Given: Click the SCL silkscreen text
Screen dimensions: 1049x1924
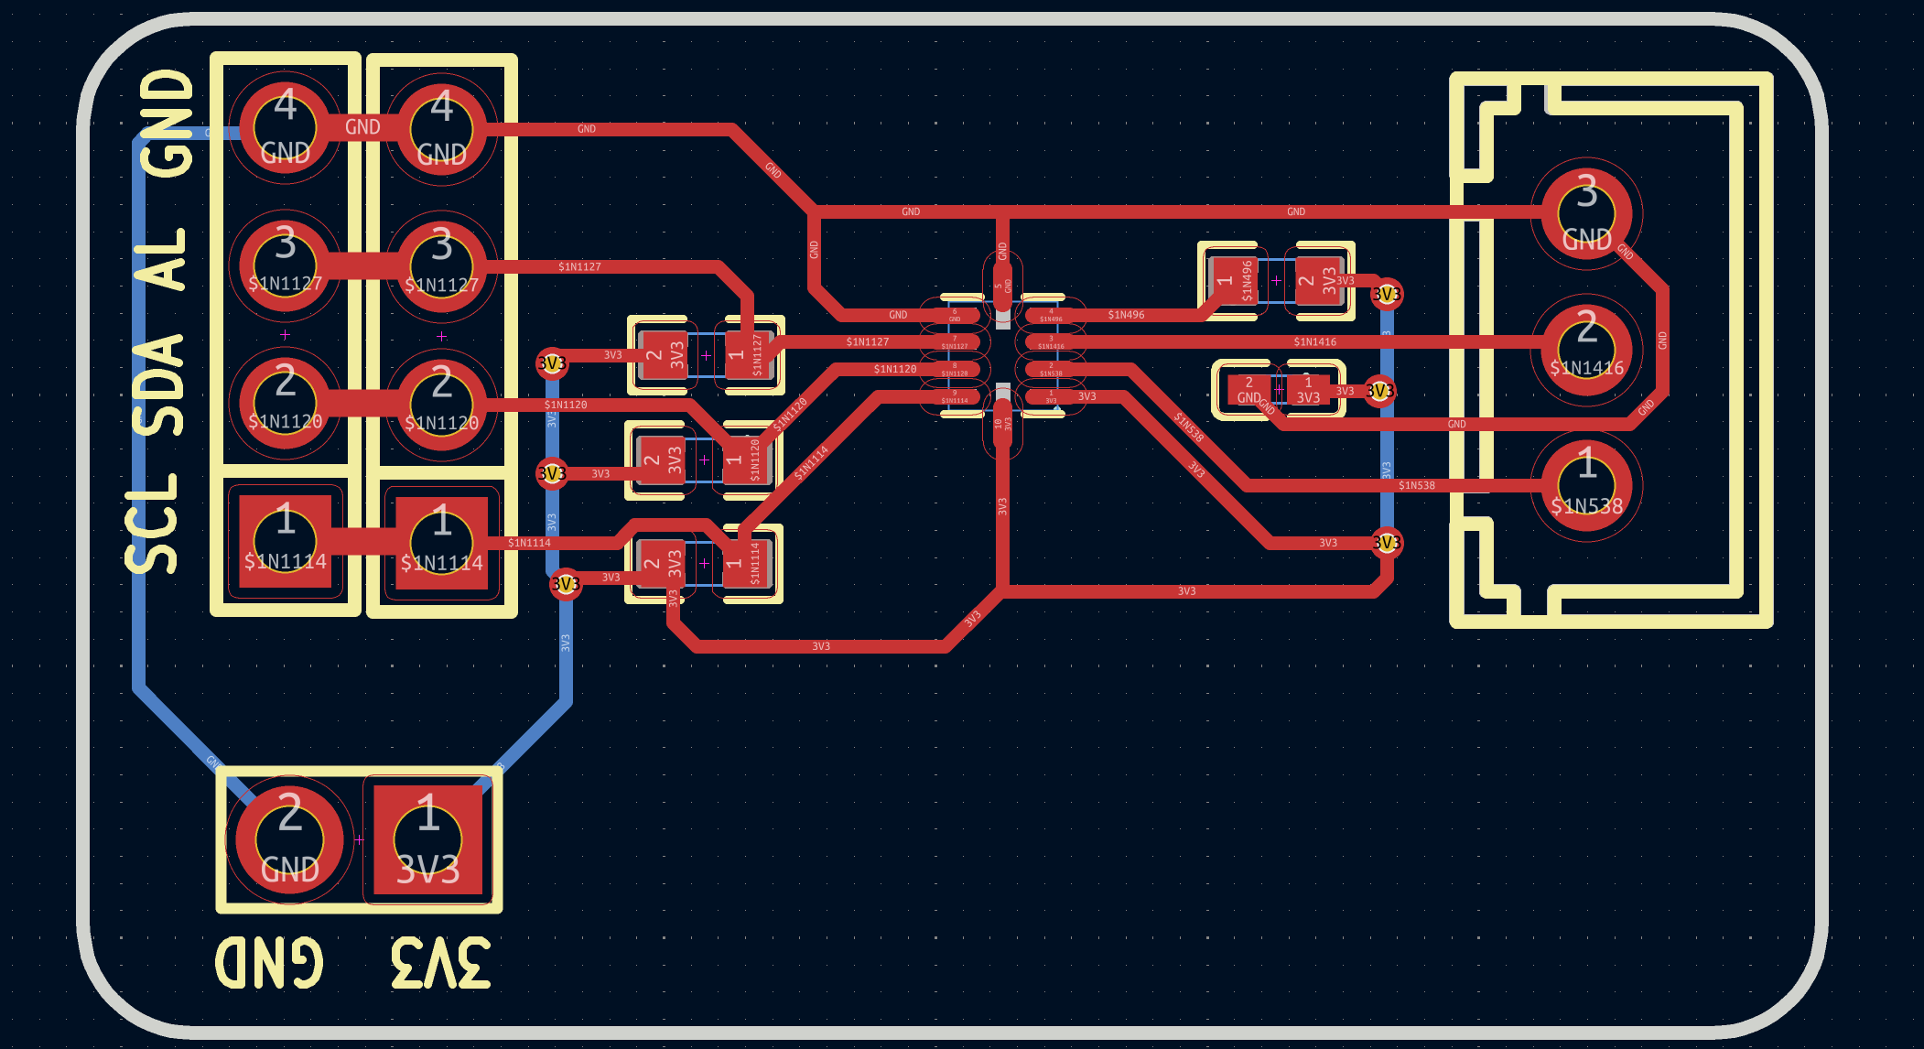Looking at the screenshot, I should [x=152, y=524].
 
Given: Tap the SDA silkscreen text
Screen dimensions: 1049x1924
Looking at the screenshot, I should [x=157, y=385].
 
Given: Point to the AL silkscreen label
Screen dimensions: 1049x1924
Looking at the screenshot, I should [x=161, y=259].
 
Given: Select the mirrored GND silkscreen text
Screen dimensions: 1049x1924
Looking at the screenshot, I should [x=269, y=963].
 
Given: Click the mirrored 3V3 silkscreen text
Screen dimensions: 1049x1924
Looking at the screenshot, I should [x=440, y=963].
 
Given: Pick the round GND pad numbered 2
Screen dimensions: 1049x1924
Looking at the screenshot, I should [x=289, y=839].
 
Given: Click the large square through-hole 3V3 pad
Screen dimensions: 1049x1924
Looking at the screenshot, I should [x=427, y=839].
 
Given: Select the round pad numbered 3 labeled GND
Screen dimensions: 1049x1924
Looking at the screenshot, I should [x=1586, y=213].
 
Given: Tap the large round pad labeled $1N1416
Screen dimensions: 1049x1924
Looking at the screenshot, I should [x=1586, y=351].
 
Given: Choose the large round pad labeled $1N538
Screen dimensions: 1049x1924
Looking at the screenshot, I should [x=1586, y=487].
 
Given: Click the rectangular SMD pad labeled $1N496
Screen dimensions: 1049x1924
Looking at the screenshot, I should [x=1233, y=280].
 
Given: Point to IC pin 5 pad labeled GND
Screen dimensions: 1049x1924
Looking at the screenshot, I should [x=1003, y=285].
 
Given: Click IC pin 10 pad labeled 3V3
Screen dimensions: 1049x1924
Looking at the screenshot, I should [x=1003, y=424].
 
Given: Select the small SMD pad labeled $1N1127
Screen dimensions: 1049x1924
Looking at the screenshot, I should [x=748, y=354].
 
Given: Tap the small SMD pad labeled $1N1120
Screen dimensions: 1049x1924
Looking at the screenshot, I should [x=746, y=460].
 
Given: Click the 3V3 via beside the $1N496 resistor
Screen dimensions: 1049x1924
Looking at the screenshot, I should [x=1386, y=294].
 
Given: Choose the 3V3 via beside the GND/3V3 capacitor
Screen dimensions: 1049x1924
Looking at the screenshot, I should [x=1379, y=391].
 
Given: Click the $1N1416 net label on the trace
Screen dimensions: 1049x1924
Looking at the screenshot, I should [x=1314, y=341].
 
